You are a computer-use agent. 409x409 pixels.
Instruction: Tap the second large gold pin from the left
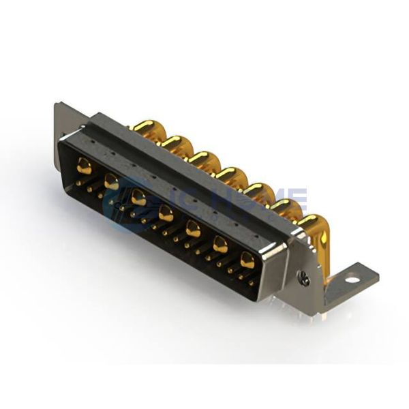click(x=111, y=182)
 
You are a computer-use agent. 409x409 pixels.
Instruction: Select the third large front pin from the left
click(x=138, y=198)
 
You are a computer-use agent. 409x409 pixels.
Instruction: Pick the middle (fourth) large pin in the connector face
click(x=166, y=214)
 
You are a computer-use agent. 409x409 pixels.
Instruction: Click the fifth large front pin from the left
click(x=193, y=229)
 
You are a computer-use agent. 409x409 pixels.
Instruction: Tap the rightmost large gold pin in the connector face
click(x=247, y=260)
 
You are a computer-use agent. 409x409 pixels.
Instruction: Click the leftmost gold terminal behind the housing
click(x=144, y=126)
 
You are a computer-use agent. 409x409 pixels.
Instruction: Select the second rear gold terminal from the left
click(x=172, y=142)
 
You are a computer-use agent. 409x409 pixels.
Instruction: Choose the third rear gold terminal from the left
click(x=200, y=158)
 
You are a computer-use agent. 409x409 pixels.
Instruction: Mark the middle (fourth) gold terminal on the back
click(x=228, y=174)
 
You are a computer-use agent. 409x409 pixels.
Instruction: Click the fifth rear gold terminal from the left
click(x=256, y=190)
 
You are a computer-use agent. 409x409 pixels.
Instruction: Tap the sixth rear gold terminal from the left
click(x=284, y=206)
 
